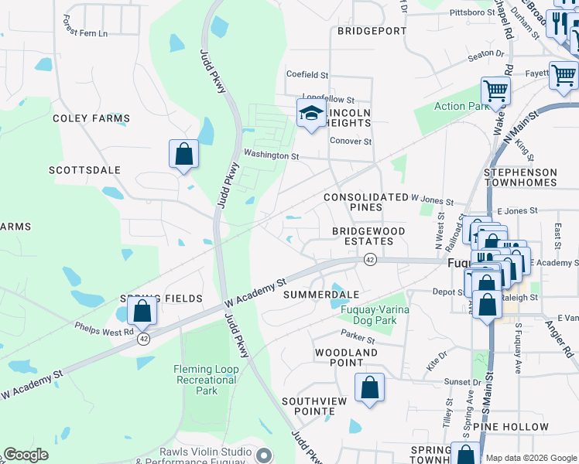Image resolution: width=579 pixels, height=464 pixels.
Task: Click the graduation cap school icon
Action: pyautogui.click(x=311, y=114)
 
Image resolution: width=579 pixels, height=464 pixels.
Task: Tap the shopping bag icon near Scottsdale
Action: pyautogui.click(x=183, y=153)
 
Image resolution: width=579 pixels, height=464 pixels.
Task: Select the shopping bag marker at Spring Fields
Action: pyautogui.click(x=142, y=311)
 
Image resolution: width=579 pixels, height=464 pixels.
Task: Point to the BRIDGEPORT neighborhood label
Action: pyautogui.click(x=372, y=31)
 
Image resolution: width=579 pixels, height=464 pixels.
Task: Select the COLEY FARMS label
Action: pyautogui.click(x=91, y=118)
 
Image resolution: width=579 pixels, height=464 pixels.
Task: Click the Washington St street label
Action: pyautogui.click(x=271, y=155)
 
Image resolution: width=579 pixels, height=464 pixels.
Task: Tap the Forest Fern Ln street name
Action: pyautogui.click(x=98, y=33)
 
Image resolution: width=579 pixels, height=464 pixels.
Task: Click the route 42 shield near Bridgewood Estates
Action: pyautogui.click(x=370, y=259)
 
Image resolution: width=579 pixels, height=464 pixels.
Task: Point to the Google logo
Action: pyautogui.click(x=26, y=455)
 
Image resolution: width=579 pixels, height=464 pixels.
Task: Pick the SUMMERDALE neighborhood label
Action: pyautogui.click(x=321, y=295)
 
